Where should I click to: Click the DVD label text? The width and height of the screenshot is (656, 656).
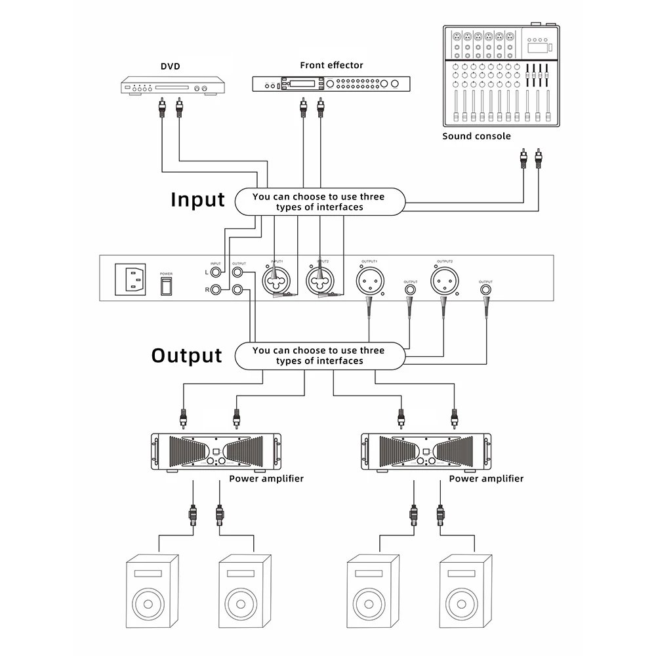coord(170,66)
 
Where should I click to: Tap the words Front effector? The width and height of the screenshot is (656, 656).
coord(331,65)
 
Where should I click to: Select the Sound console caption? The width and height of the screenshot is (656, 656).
coord(476,136)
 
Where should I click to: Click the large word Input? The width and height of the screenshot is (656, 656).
coord(197,199)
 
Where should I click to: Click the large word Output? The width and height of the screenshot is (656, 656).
coord(187,356)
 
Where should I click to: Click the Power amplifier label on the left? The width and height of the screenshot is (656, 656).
coord(266,479)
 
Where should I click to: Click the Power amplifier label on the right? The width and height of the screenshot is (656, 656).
coord(486,479)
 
